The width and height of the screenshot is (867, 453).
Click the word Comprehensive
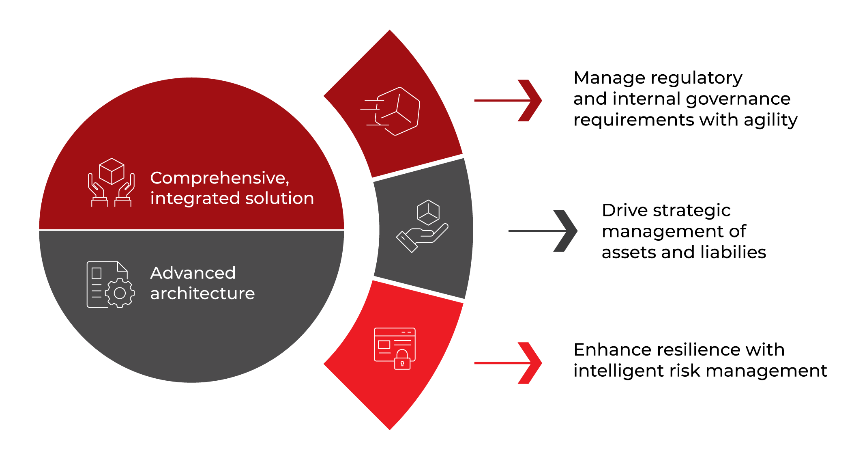[x=219, y=179]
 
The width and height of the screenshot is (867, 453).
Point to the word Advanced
[x=193, y=273]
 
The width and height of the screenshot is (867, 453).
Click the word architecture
[x=202, y=293]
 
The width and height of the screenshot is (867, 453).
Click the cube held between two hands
[x=112, y=171]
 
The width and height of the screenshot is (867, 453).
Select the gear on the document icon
[x=120, y=293]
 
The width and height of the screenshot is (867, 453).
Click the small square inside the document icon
[x=97, y=273]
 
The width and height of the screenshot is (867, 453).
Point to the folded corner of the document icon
[x=122, y=266]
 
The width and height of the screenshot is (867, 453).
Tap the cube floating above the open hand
[x=428, y=212]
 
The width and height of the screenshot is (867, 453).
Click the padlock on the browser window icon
[x=402, y=360]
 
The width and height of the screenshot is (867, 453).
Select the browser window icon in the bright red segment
[x=394, y=345]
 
